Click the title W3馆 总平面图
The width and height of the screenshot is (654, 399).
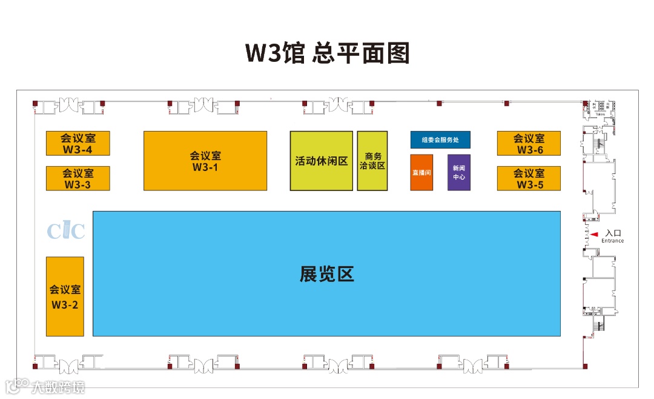[x=327, y=53]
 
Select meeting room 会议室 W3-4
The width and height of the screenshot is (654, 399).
[x=78, y=143]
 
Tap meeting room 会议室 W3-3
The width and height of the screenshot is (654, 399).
[x=78, y=178]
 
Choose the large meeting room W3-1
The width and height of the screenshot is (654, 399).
[x=205, y=161]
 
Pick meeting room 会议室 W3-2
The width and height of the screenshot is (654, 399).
[x=65, y=297]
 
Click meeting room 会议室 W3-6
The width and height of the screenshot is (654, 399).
[x=529, y=143]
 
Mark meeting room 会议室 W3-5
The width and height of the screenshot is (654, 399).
[x=529, y=178]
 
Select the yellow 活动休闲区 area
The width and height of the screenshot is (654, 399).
[x=321, y=161]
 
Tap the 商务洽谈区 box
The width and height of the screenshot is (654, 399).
[x=372, y=161]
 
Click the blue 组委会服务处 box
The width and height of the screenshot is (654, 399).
[x=440, y=140]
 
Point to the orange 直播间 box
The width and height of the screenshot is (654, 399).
[x=421, y=172]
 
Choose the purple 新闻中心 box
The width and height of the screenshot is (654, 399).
[x=459, y=172]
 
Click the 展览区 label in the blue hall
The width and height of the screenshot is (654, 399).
[x=326, y=275]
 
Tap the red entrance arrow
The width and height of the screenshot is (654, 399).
[x=595, y=233]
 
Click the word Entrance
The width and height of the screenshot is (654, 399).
[x=612, y=241]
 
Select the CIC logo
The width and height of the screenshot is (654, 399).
[x=66, y=231]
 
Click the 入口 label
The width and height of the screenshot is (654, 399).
[x=613, y=233]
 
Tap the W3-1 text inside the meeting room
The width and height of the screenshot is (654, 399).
[x=205, y=167]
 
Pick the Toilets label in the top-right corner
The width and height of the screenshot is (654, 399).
[x=601, y=113]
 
